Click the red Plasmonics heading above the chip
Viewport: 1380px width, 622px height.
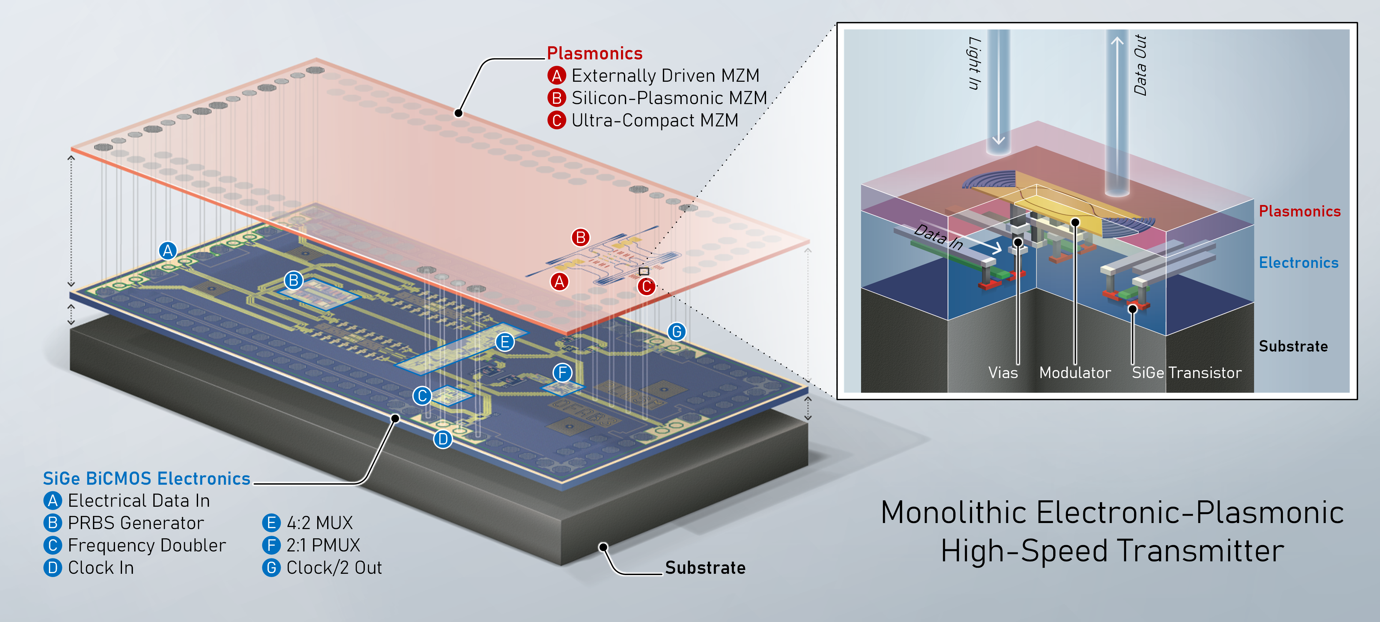(594, 54)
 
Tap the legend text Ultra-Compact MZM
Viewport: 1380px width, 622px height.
(655, 120)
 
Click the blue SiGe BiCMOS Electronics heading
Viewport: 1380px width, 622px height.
(146, 479)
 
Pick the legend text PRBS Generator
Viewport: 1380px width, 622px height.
(135, 523)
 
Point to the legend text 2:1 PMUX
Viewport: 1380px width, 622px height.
(323, 545)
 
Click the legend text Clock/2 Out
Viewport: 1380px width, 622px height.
(334, 568)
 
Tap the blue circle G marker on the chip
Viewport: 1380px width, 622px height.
(677, 332)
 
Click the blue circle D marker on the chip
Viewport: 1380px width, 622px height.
(442, 439)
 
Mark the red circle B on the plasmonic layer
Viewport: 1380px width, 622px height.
(580, 237)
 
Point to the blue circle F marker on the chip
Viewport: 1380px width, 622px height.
(562, 373)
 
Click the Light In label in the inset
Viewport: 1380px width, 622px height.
(974, 63)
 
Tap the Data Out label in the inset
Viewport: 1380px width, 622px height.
(1140, 65)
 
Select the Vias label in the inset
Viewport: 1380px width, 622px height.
(1003, 373)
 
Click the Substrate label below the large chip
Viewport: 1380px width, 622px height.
(705, 568)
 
